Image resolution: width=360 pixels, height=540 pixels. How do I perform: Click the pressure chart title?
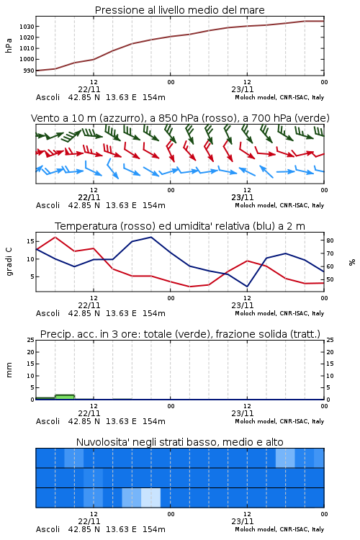point(179,10)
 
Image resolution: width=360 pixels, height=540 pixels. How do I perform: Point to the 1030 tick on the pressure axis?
point(27,27)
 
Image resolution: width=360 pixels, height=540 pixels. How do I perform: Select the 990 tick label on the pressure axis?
point(29,71)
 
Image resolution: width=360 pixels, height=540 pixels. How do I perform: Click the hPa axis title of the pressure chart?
point(9,45)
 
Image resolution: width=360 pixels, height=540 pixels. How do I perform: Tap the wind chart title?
point(180,118)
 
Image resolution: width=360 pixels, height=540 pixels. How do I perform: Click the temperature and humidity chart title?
point(179,226)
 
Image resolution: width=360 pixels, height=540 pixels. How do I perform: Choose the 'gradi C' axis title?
point(9,262)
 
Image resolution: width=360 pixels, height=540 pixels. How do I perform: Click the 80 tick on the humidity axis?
point(330,240)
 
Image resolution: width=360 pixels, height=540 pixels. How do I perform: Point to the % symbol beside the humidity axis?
point(352,262)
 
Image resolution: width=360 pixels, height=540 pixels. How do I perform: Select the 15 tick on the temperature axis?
point(30,241)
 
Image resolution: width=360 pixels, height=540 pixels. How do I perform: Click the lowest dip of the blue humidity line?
point(247,286)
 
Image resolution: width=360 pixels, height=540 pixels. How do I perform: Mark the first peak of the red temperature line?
point(55,238)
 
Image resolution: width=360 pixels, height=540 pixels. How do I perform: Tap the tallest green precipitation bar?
point(65,397)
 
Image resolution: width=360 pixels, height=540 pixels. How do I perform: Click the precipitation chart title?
point(180,334)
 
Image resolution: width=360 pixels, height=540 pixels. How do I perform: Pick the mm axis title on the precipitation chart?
point(9,370)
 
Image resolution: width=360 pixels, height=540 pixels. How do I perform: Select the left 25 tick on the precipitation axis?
point(31,340)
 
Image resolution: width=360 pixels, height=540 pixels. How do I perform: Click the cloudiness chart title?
point(179,442)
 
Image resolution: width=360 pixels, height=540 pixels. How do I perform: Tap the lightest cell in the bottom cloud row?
point(151,498)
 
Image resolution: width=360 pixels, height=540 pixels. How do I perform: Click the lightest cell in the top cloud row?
point(285,458)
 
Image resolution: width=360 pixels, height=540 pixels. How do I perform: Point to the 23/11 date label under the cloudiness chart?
point(243,521)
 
